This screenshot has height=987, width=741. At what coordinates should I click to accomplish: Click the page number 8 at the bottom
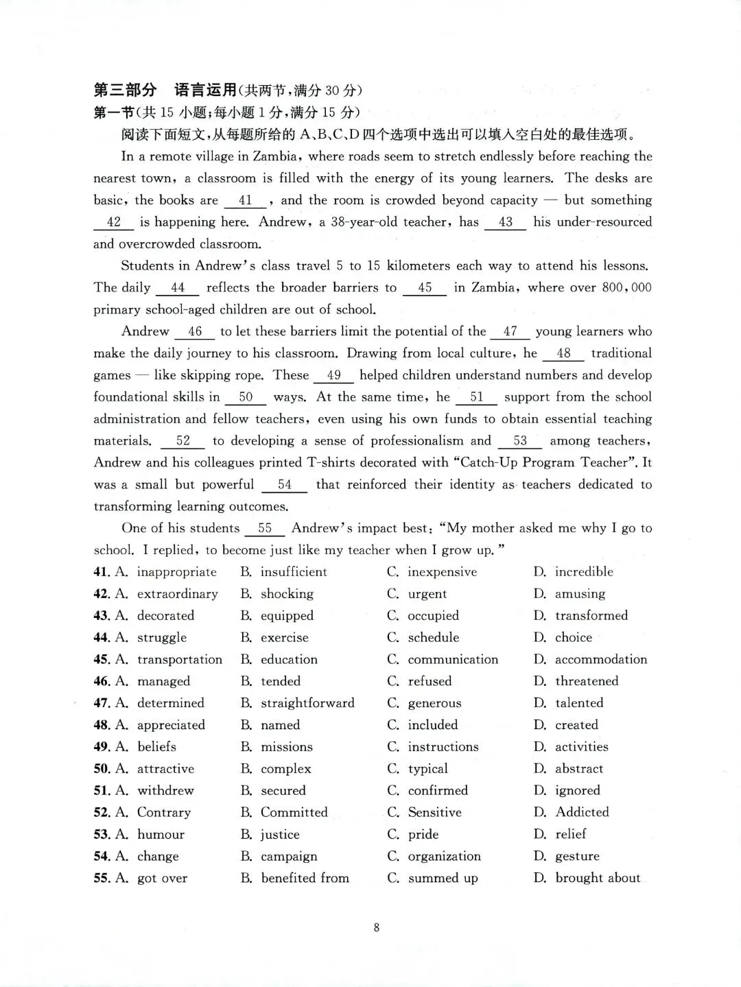tap(376, 928)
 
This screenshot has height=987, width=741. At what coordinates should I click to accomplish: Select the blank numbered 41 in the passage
tap(245, 201)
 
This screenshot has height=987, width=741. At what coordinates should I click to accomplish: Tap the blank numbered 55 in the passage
tap(264, 529)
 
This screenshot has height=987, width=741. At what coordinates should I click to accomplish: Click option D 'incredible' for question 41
tap(583, 572)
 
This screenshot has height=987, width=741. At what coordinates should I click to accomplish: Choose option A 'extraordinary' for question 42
tap(177, 594)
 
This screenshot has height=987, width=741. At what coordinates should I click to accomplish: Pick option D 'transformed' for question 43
tap(591, 616)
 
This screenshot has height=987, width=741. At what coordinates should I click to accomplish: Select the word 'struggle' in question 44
tap(161, 638)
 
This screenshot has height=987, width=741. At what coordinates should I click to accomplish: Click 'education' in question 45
tap(289, 660)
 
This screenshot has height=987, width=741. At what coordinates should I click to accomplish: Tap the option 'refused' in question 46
tap(430, 681)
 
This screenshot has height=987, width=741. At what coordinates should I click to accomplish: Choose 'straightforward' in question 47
tap(307, 703)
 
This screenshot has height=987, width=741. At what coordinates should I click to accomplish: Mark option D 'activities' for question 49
tap(581, 747)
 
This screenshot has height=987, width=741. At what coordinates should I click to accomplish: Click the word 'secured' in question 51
tap(283, 791)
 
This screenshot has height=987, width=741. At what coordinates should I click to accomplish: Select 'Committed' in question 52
tap(294, 813)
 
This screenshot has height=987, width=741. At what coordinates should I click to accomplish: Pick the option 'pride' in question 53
tap(423, 835)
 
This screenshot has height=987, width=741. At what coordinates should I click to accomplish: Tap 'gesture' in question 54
tap(577, 857)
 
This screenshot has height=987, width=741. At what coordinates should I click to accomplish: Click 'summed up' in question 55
tap(443, 879)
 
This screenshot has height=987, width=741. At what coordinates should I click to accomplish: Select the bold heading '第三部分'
tap(125, 90)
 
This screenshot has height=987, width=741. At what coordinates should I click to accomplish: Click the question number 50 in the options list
tap(102, 769)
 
